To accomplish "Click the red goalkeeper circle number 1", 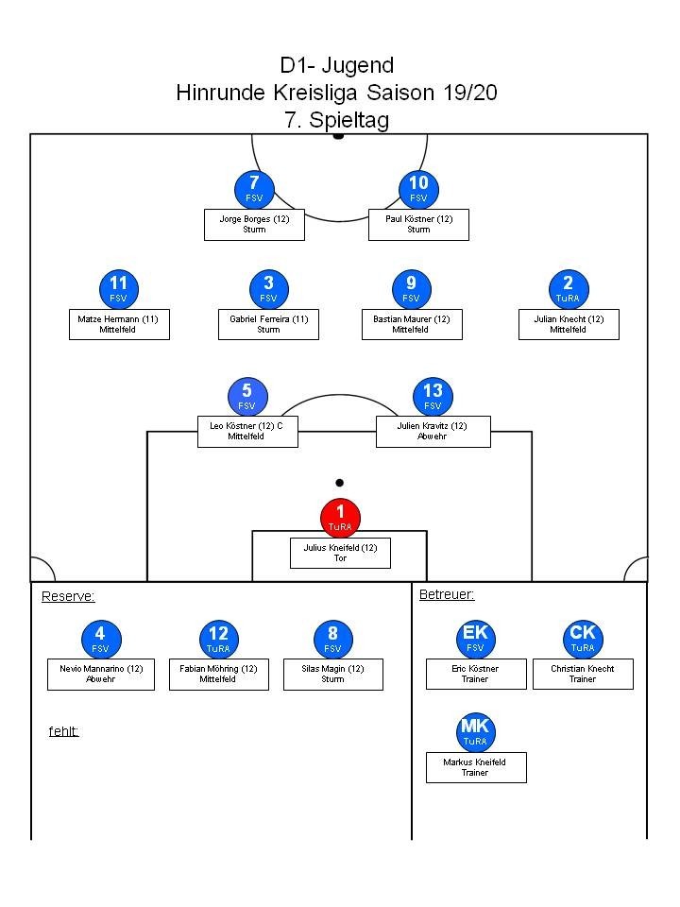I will tap(340, 518).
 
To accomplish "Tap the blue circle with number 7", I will tap(255, 189).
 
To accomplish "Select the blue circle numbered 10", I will tap(418, 189).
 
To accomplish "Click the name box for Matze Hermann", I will tap(119, 324).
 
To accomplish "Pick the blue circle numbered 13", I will tap(433, 396).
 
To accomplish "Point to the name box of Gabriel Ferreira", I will tap(268, 324).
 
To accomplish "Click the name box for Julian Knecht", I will tap(569, 324).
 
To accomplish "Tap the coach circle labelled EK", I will tap(475, 639).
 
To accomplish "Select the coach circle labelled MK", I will tap(475, 732).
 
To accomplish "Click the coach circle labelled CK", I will tap(583, 639).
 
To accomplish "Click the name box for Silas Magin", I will tap(333, 674).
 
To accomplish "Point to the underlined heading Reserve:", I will tap(68, 596).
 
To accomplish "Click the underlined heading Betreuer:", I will tap(447, 594).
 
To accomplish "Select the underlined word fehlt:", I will tap(63, 730).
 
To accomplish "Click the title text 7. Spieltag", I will tap(336, 120).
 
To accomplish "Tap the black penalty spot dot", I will tap(339, 483).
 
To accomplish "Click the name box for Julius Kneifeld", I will tap(340, 553).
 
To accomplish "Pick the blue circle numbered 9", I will tap(411, 288).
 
